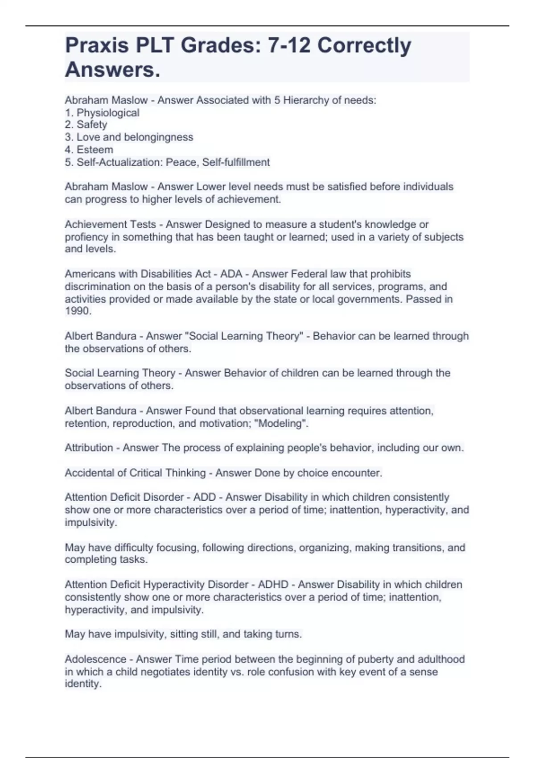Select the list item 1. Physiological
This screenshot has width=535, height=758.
point(102,113)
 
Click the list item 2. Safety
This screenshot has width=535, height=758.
point(86,125)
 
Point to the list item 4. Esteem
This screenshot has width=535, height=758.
point(89,150)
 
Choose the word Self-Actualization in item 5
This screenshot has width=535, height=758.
point(118,162)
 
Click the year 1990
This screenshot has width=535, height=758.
point(78,311)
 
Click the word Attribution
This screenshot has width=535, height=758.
point(89,448)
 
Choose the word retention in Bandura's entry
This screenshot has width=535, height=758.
point(86,423)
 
